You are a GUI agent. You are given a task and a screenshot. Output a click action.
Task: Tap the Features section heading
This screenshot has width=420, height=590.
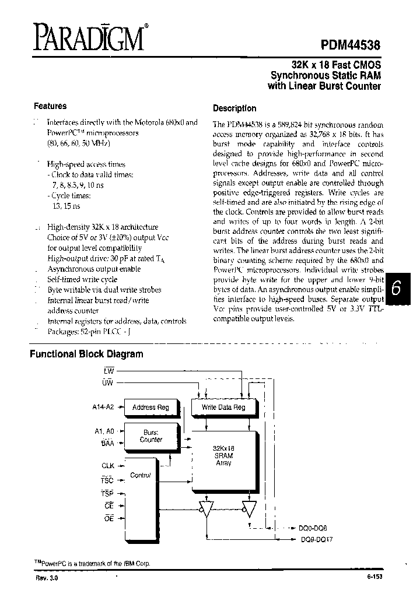50,106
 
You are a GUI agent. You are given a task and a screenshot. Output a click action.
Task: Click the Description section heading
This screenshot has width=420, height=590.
235,108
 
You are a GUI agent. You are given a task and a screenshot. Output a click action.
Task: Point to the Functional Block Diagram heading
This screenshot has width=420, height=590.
86,354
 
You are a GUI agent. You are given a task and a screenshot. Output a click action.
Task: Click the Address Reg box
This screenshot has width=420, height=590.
151,408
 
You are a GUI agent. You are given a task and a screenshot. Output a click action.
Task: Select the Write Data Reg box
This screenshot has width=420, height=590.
223,408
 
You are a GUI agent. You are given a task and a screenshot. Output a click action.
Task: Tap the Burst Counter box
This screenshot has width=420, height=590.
151,436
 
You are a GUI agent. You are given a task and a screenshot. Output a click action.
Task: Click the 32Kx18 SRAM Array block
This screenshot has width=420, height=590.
223,455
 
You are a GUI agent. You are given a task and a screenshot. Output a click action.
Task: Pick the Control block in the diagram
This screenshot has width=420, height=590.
140,475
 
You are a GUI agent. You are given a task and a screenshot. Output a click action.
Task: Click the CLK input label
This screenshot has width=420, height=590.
108,466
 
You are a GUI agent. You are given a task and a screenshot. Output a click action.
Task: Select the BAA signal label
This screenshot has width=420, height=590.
107,444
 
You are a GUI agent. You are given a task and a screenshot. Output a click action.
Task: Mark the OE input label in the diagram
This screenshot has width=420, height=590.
108,518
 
